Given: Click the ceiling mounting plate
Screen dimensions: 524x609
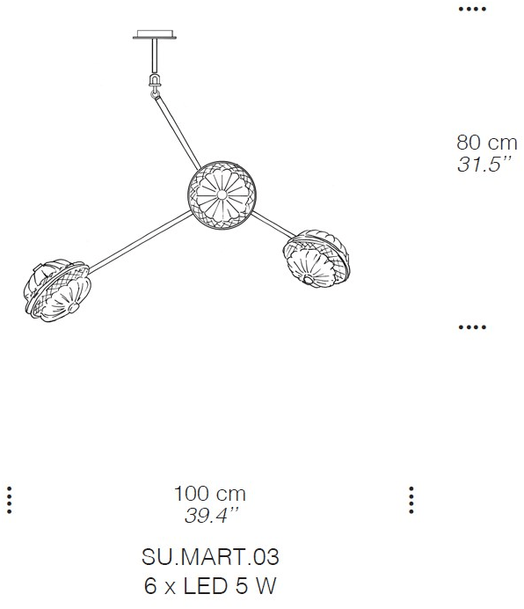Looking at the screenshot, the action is point(155,34).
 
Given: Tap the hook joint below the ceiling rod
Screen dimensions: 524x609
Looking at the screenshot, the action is point(155,84).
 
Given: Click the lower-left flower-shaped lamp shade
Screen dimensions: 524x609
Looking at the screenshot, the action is point(57,289).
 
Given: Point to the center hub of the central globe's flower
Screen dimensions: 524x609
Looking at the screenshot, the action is point(222,194).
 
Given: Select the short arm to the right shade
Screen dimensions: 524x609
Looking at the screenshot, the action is point(273,225).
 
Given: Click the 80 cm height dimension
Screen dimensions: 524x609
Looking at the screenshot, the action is point(487,143).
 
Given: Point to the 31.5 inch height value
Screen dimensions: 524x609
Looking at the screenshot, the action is point(484,165).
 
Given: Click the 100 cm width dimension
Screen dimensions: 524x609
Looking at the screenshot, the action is point(209,494).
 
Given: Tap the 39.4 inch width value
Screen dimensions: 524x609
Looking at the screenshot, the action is point(210,516).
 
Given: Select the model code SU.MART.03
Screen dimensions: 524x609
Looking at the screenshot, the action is point(210,556).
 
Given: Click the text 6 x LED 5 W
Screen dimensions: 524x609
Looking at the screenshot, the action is point(210,586).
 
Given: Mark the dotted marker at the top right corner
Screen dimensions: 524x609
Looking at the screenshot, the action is point(472,9).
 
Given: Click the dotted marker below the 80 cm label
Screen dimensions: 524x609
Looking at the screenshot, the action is point(472,327).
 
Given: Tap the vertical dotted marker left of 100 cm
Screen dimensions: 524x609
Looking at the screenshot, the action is point(10,500).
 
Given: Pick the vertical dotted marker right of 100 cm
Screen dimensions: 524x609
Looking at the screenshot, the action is point(411,500).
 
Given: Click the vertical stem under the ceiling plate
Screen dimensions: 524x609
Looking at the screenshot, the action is point(155,56).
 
